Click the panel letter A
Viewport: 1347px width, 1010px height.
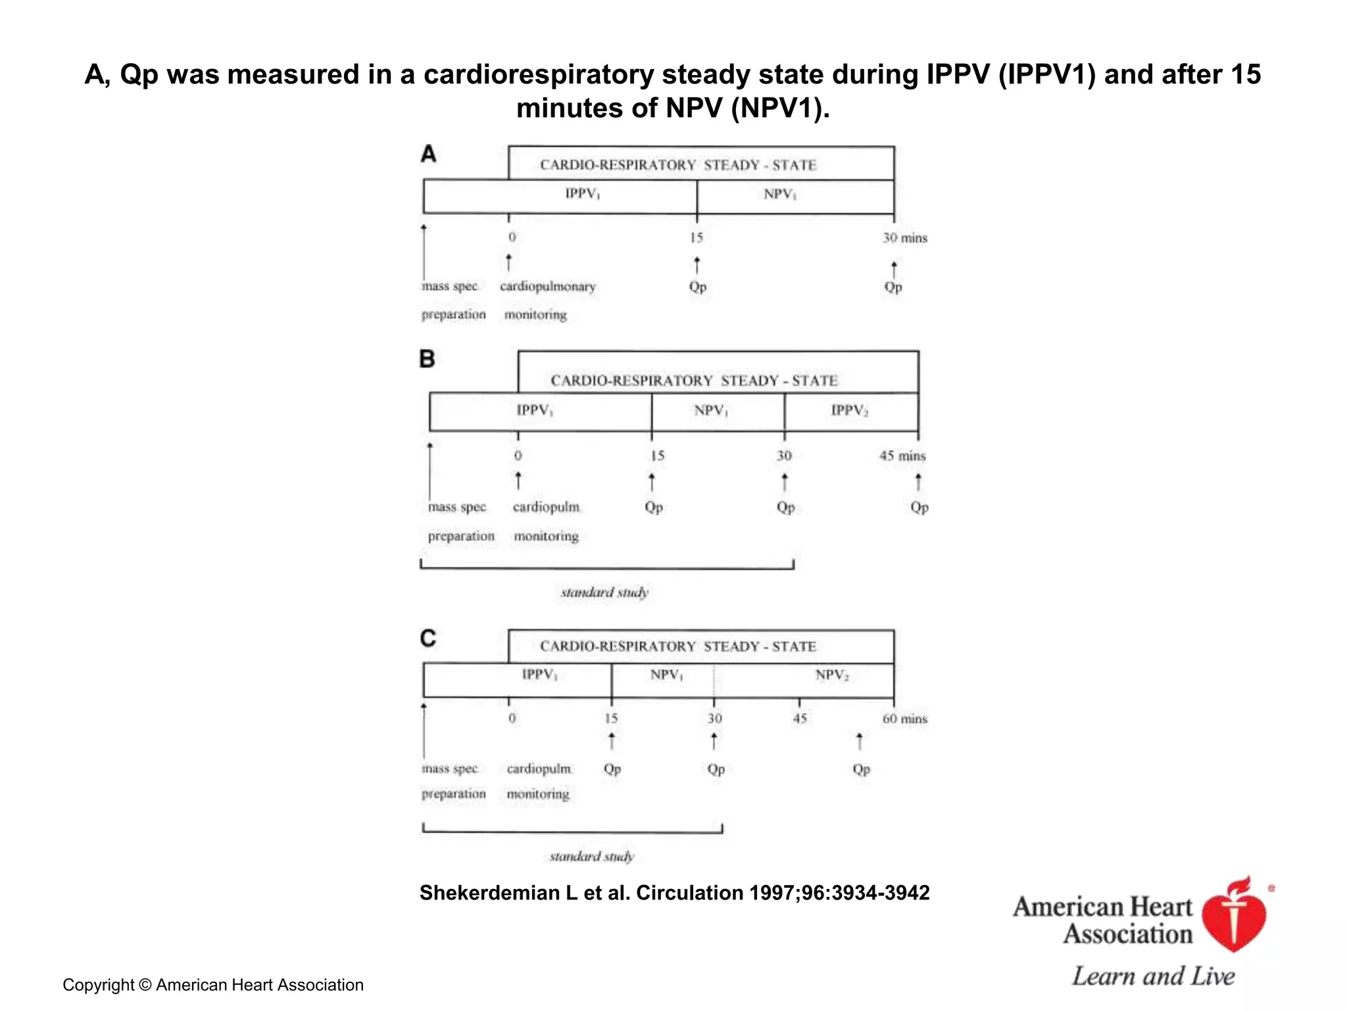point(428,154)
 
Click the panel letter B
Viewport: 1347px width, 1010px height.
point(427,359)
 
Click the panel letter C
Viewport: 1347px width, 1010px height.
point(428,638)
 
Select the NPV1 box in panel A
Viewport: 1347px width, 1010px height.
point(795,196)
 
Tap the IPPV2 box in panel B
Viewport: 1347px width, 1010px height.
point(850,412)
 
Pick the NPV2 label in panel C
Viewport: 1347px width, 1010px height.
point(832,675)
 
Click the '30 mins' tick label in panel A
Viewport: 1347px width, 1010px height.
point(904,237)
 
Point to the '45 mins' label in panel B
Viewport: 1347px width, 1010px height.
point(902,456)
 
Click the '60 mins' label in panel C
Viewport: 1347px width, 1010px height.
point(904,719)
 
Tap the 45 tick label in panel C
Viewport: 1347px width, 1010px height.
point(800,719)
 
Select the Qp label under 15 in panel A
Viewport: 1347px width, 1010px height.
point(697,287)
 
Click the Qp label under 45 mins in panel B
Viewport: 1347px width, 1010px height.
point(919,507)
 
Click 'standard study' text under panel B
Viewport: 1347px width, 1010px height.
point(604,592)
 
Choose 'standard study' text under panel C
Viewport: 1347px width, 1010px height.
point(592,856)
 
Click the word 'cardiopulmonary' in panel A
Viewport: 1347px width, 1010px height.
point(547,287)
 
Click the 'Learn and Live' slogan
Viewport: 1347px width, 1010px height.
point(1153,976)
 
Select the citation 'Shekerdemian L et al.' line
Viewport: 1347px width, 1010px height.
point(674,893)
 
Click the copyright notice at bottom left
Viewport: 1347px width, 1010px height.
point(212,985)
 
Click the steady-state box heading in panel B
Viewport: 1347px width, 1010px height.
point(694,381)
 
